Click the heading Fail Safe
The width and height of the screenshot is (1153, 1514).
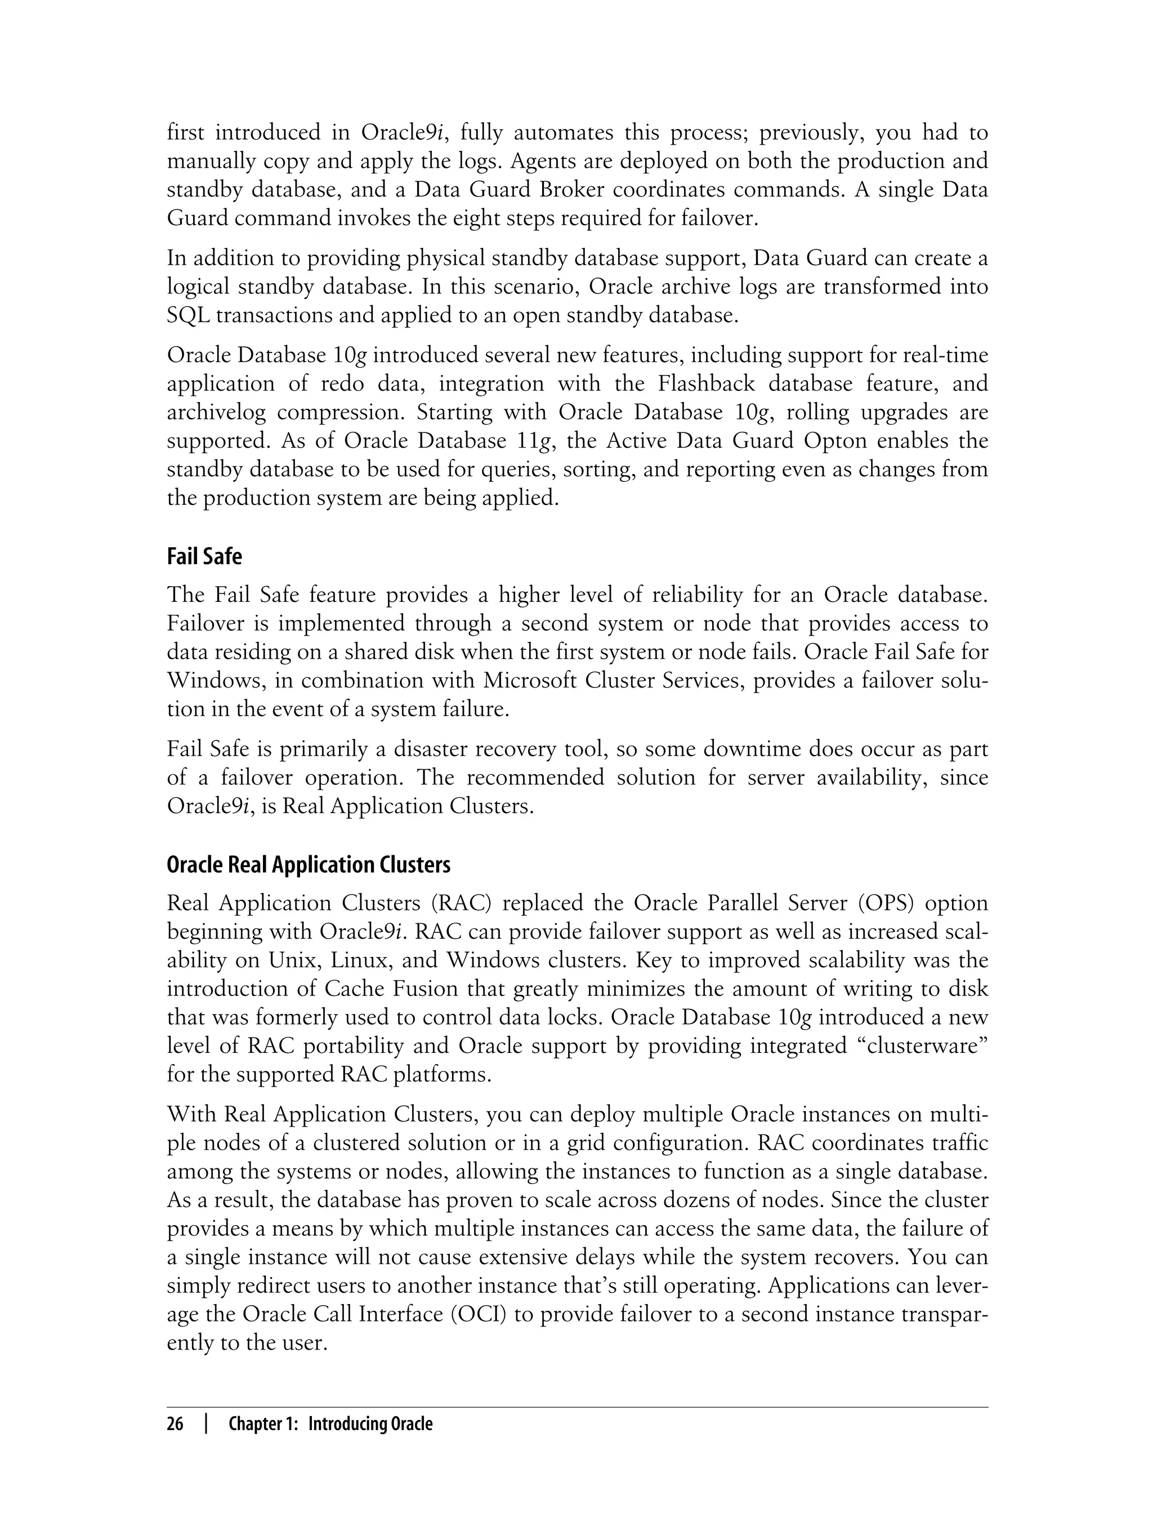coord(204,556)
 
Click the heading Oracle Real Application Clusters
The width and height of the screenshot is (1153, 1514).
coord(308,865)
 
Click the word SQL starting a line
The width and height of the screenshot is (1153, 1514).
coord(187,316)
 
